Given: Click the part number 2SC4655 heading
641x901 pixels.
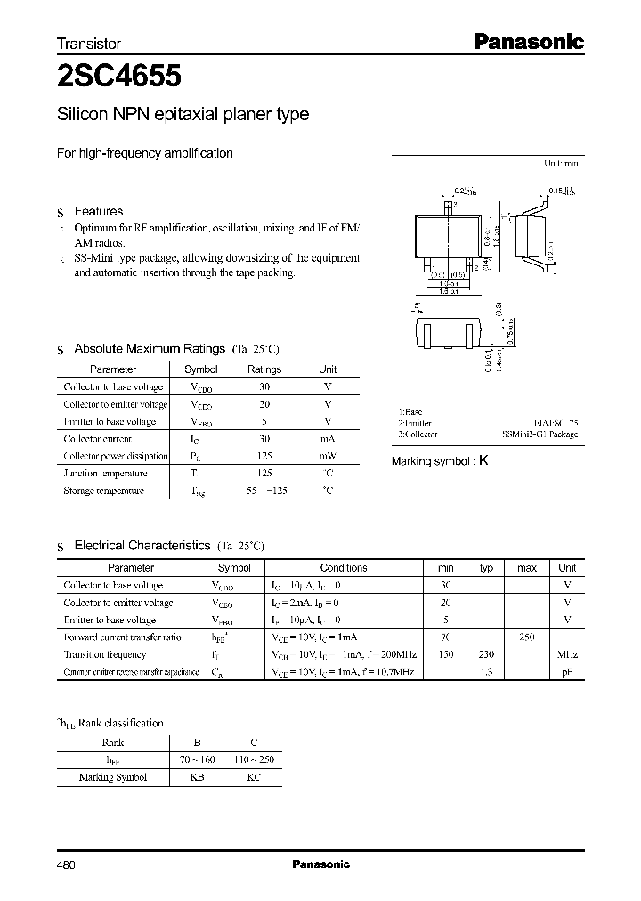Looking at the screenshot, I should point(119,77).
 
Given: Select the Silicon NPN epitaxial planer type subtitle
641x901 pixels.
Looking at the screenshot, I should point(183,115).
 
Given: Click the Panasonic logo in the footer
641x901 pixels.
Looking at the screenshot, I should point(320,864).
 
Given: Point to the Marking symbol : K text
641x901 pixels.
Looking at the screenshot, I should point(440,461).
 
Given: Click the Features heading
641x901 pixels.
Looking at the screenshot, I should point(98,211).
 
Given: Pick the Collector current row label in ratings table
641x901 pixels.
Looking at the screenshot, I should point(98,439).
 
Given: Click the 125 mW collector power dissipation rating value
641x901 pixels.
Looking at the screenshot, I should point(264,456).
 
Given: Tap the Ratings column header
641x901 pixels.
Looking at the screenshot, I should point(264,369).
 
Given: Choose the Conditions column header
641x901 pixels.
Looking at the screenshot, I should point(343,568).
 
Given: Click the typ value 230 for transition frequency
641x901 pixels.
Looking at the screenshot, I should point(486,654).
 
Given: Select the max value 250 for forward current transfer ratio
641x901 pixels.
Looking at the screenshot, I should point(526,637).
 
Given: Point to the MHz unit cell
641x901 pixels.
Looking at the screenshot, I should point(566,654).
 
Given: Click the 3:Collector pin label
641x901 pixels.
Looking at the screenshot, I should point(418,434).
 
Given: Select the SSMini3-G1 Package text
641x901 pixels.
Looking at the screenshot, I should point(539,434).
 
